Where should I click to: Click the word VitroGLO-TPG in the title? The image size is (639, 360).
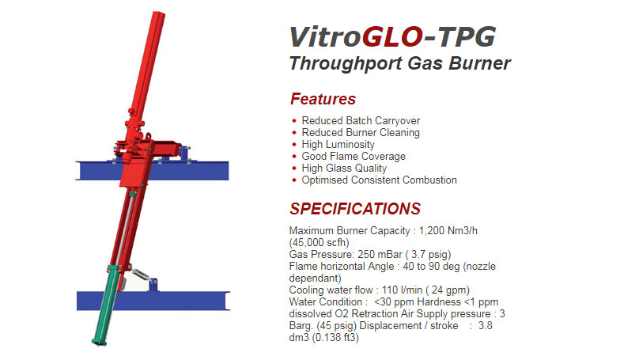click(x=391, y=36)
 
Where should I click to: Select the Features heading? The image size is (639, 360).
click(x=323, y=99)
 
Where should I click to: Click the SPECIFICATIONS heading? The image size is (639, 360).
click(x=355, y=209)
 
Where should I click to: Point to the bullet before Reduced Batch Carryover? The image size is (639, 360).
click(x=294, y=121)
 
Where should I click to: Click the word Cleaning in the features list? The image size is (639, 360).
click(x=399, y=133)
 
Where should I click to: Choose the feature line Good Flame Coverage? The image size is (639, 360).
click(x=354, y=157)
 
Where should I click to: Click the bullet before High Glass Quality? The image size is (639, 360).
click(x=294, y=169)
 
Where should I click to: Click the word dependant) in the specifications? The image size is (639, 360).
click(x=315, y=279)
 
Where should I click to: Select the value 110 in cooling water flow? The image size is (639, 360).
click(x=395, y=290)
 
